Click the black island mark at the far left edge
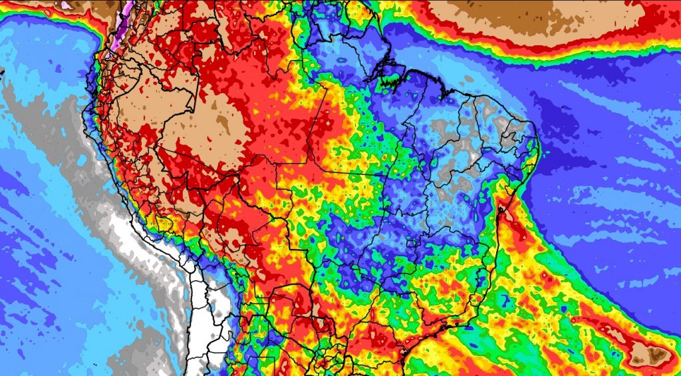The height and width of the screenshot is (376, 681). point(2,69)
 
